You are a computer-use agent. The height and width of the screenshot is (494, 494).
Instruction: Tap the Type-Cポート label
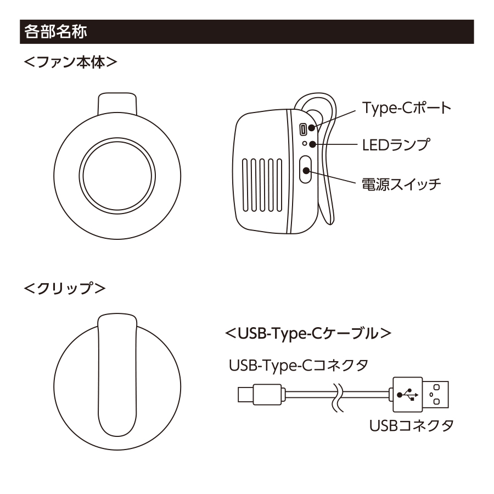(406, 108)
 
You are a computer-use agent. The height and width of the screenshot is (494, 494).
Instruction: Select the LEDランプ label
(395, 145)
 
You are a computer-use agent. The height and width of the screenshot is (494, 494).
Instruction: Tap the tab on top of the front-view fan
(116, 103)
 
